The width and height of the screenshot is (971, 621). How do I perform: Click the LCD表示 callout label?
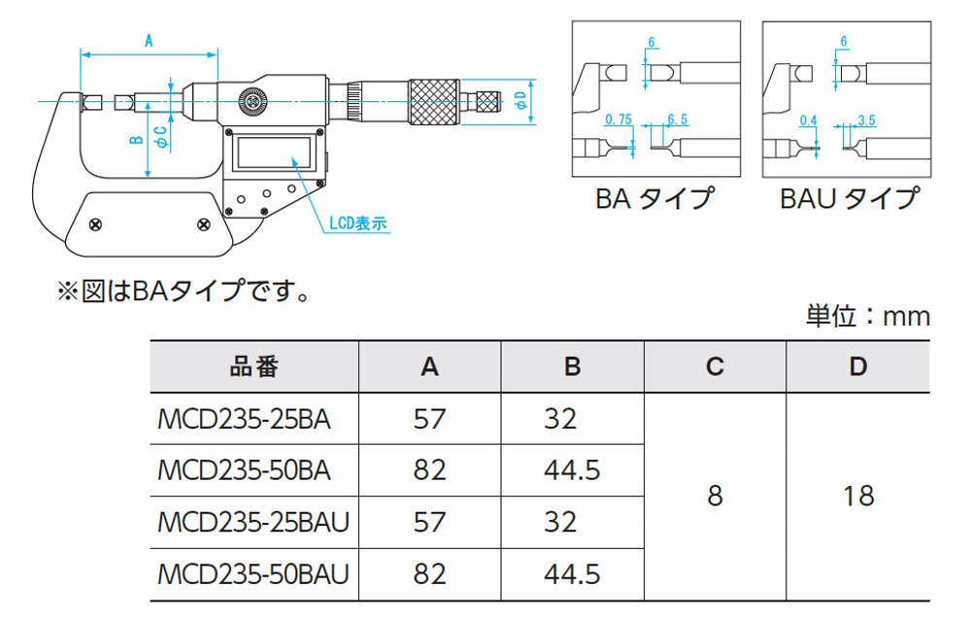(x=358, y=223)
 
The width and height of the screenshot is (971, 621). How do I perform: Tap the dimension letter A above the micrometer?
(x=149, y=41)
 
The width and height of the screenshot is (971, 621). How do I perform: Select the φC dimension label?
(x=161, y=136)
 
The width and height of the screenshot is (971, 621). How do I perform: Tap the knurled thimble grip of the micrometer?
(x=435, y=100)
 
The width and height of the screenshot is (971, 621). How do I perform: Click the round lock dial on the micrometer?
(x=254, y=100)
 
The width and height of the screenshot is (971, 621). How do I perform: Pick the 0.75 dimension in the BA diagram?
(x=618, y=120)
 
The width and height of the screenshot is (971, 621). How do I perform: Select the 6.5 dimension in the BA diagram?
(x=678, y=120)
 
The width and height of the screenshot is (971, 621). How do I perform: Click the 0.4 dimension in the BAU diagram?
(x=807, y=120)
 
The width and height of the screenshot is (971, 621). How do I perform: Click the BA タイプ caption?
(x=654, y=198)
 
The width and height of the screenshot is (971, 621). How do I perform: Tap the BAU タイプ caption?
(x=848, y=198)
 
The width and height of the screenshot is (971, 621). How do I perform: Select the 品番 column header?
(x=254, y=366)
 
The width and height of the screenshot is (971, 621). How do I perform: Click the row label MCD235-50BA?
(x=244, y=470)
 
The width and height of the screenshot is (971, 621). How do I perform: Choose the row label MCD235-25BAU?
(x=252, y=522)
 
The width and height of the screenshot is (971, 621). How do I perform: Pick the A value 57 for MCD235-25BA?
(x=429, y=419)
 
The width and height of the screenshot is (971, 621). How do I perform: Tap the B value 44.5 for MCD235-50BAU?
(x=572, y=573)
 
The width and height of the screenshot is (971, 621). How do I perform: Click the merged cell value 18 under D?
(x=858, y=496)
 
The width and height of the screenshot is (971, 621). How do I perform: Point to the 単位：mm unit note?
(x=867, y=315)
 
